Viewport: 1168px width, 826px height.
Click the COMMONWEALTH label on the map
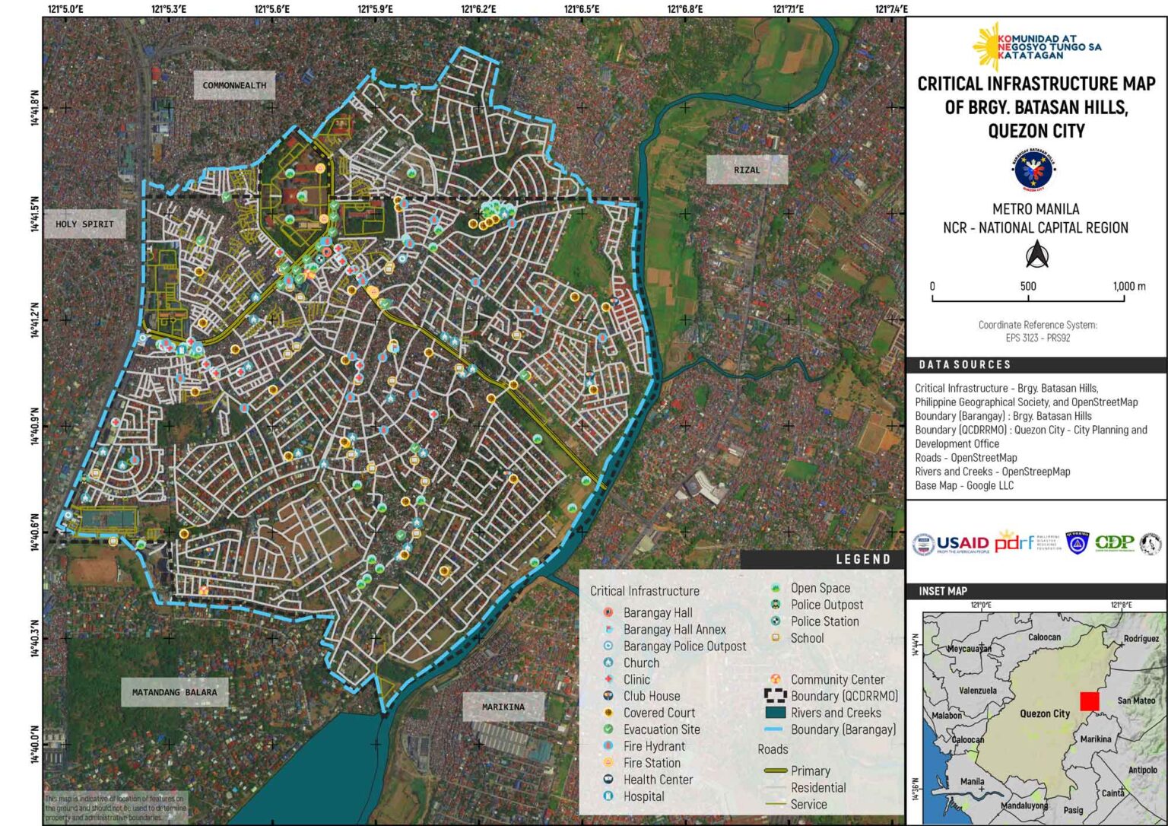pos(234,85)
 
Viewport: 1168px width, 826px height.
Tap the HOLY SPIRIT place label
pos(84,224)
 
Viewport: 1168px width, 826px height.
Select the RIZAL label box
pos(746,170)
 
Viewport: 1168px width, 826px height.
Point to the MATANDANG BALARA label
pos(174,692)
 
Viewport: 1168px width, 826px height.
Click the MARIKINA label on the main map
pos(503,707)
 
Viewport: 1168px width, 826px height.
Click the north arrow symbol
pos(1036,255)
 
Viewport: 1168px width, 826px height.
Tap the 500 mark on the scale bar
pos(1028,287)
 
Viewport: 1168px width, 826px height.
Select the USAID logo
pos(951,543)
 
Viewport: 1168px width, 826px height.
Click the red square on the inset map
pos(1089,701)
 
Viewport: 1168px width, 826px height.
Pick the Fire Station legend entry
pos(651,763)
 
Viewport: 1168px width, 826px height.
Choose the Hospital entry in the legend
pos(643,796)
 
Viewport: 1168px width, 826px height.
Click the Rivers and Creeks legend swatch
pos(775,713)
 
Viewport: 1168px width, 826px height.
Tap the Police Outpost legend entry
pos(826,605)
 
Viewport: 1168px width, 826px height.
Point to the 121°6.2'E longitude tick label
pos(478,9)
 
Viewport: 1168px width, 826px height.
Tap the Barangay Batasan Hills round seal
pos(1036,170)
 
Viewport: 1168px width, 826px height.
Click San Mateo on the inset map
pos(1135,701)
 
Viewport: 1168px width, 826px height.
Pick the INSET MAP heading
pos(943,591)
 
